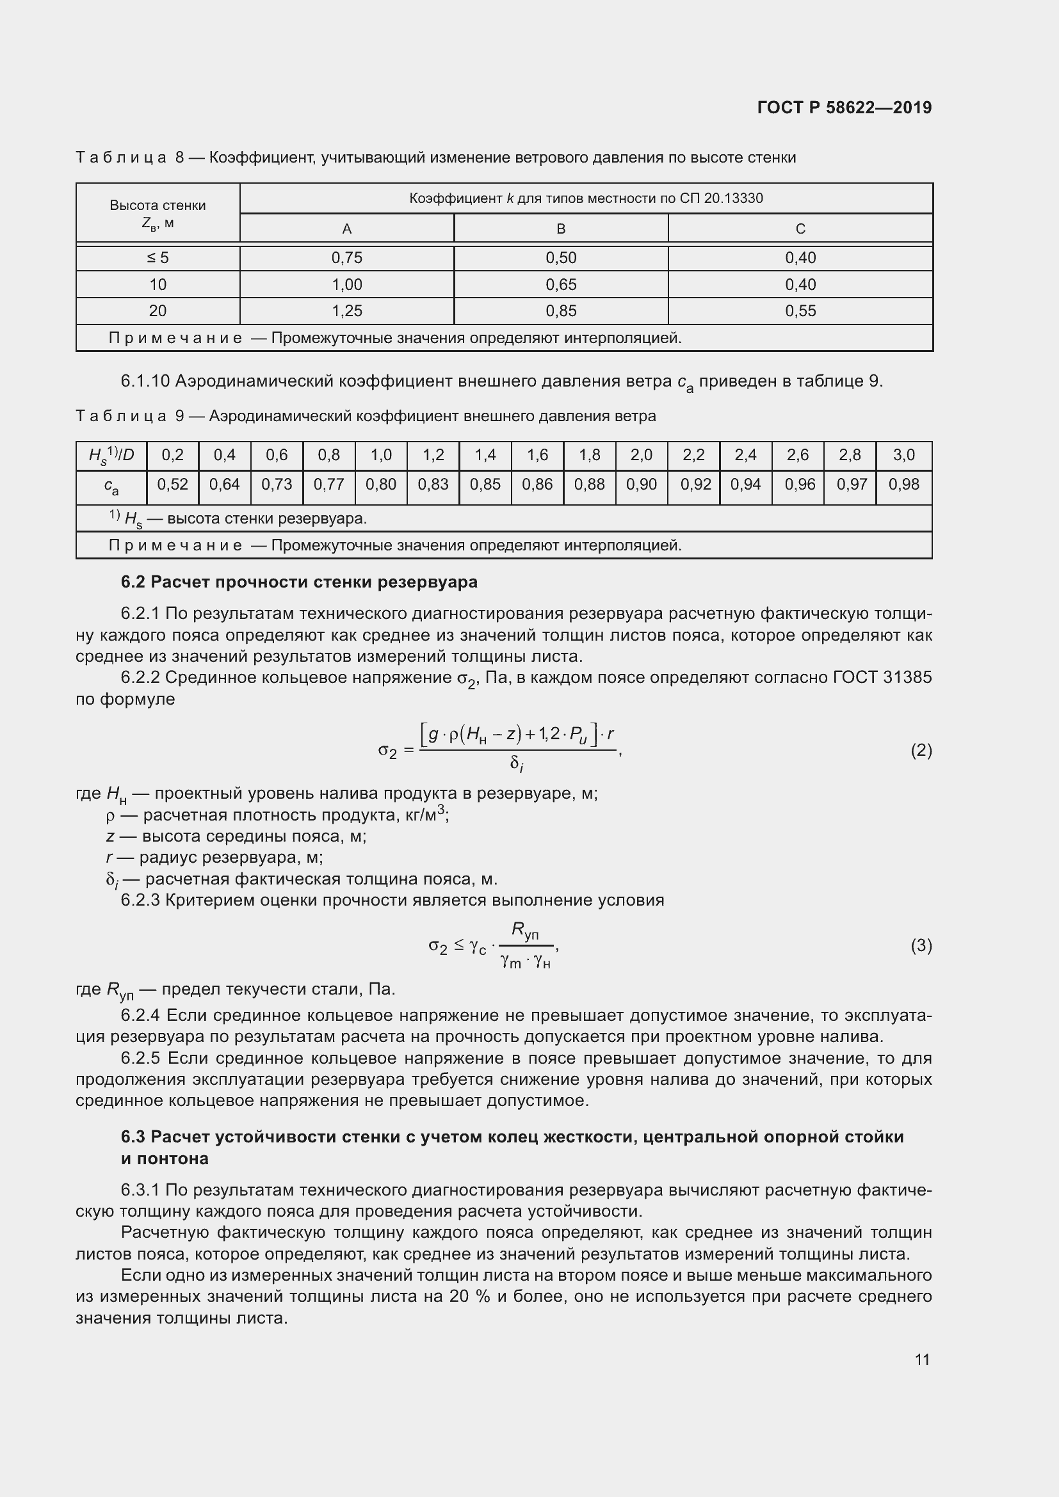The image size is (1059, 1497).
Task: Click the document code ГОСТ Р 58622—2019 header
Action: pyautogui.click(x=844, y=108)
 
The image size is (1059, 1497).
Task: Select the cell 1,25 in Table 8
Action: pyautogui.click(x=346, y=311)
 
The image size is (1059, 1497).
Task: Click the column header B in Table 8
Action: pyautogui.click(x=560, y=229)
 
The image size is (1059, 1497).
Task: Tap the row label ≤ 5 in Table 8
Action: pyautogui.click(x=158, y=258)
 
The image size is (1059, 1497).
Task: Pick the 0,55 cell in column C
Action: pyautogui.click(x=800, y=311)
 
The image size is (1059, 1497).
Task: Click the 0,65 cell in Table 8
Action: pyautogui.click(x=560, y=285)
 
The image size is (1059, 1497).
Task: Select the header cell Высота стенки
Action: pyautogui.click(x=158, y=206)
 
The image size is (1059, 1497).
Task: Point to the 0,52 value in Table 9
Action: pyautogui.click(x=172, y=484)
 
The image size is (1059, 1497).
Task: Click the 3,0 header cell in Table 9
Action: pyautogui.click(x=903, y=455)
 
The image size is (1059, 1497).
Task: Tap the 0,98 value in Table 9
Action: pyautogui.click(x=903, y=484)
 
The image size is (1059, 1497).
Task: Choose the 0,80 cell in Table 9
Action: pyautogui.click(x=381, y=484)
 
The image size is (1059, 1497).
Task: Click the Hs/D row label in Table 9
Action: pyautogui.click(x=111, y=456)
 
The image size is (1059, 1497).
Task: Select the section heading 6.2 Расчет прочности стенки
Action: pyautogui.click(x=299, y=582)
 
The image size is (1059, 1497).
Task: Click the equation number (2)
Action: pyautogui.click(x=921, y=751)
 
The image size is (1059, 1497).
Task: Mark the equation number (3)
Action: pyautogui.click(x=921, y=945)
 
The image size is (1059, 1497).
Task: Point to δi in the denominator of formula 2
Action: pyautogui.click(x=517, y=764)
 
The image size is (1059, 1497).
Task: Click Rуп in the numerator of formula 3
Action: pyautogui.click(x=525, y=931)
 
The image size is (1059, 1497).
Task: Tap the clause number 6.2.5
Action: pyautogui.click(x=140, y=1058)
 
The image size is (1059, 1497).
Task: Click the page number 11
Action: pyautogui.click(x=921, y=1359)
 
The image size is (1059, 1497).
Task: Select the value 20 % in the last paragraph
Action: pyautogui.click(x=469, y=1297)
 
